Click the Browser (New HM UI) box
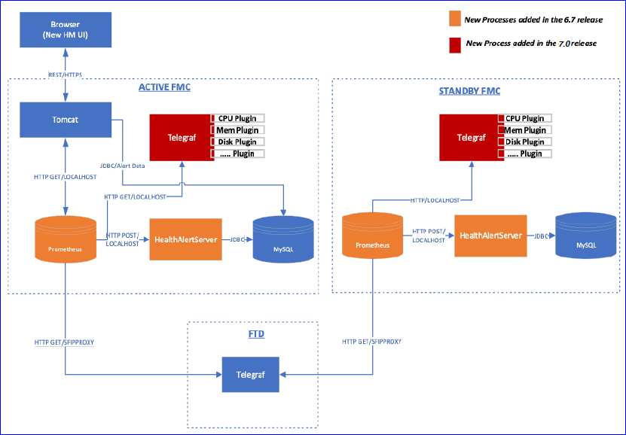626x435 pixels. pyautogui.click(x=66, y=29)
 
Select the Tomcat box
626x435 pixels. pyautogui.click(x=66, y=120)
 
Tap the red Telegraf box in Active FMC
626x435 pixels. pyautogui.click(x=179, y=137)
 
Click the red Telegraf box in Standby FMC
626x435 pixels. pyautogui.click(x=469, y=137)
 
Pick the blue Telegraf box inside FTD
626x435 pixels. pyautogui.click(x=249, y=373)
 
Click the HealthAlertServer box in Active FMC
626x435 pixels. pyautogui.click(x=185, y=239)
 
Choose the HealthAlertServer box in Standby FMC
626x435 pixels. pyautogui.click(x=489, y=235)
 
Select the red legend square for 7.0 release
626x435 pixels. pyautogui.click(x=454, y=43)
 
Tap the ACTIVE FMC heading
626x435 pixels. pyautogui.click(x=164, y=87)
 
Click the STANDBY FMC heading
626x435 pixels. pyautogui.click(x=469, y=90)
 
